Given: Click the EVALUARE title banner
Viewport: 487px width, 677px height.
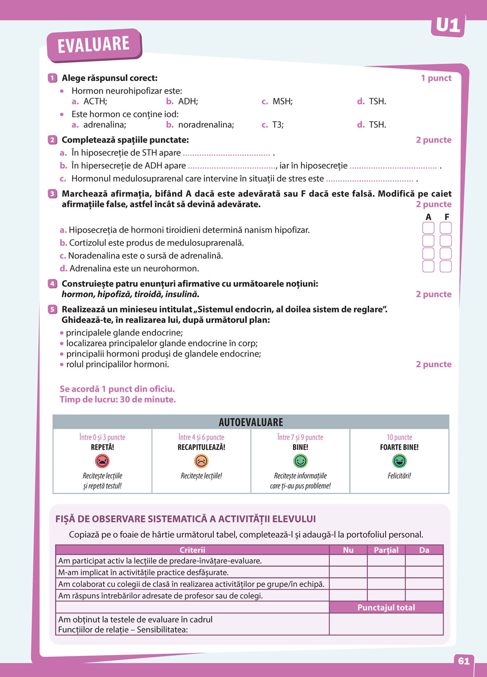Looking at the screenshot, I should point(94,45).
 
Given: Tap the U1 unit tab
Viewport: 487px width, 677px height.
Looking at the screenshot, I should point(448,25).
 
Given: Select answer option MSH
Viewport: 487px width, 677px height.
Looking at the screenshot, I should point(282,101).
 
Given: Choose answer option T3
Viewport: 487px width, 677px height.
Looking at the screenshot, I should point(277,125).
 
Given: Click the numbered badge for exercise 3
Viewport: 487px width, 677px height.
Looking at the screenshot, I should point(53,194).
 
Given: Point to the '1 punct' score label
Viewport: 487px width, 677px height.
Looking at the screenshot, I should point(436,78).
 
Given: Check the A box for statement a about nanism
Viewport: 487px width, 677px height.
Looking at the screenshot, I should point(428,228).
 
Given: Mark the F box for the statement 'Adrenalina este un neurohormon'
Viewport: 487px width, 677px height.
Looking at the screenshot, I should point(446,266).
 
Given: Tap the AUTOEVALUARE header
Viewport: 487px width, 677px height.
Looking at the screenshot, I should point(251,422).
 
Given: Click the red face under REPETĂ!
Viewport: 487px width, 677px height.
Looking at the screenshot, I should point(102,461).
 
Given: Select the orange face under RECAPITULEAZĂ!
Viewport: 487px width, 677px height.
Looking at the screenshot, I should point(201,461).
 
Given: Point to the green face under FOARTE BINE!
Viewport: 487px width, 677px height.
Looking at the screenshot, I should point(399,461).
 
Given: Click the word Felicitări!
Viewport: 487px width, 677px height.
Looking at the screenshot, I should point(399,476).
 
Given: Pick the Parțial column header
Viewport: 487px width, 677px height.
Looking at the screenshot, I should point(386,550).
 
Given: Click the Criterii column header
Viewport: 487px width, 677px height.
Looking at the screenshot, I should point(192,550).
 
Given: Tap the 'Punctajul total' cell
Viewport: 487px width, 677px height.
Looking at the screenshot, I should point(386,607).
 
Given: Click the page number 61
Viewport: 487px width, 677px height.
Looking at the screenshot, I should point(464,661).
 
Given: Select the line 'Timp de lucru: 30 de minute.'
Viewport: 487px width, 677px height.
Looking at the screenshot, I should point(118,399).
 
